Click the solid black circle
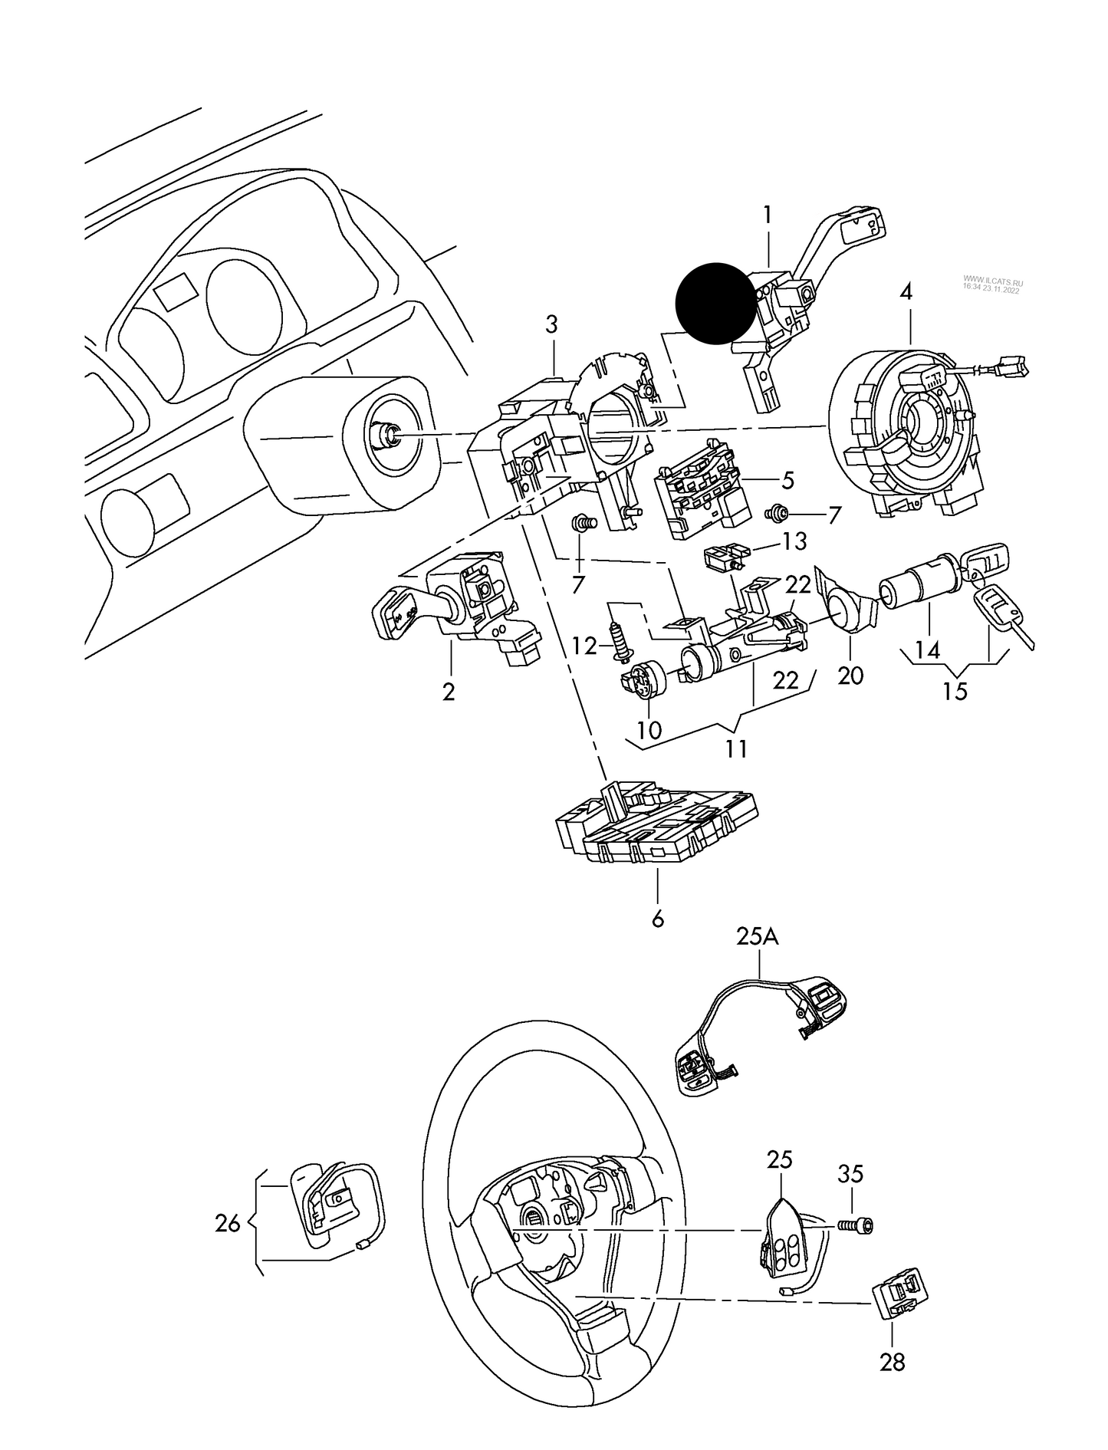click(715, 302)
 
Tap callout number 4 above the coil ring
click(906, 293)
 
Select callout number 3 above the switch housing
click(552, 324)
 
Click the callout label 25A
click(758, 937)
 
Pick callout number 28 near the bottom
click(893, 1362)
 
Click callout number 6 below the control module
click(657, 919)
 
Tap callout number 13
click(794, 542)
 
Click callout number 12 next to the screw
click(584, 646)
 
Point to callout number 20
click(851, 676)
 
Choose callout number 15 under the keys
click(955, 692)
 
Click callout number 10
click(649, 730)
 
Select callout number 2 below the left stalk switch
click(449, 692)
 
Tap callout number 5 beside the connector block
click(788, 481)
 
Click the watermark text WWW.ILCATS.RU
click(992, 281)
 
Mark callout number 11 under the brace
click(737, 748)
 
